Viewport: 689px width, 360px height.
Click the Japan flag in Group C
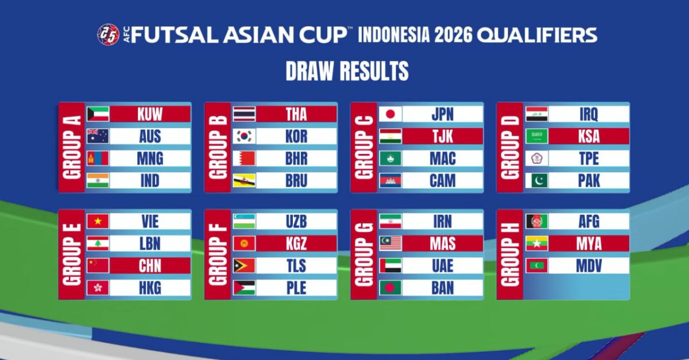[x=390, y=114]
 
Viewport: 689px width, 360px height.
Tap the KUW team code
[x=150, y=114]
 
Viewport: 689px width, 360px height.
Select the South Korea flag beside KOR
[x=244, y=136]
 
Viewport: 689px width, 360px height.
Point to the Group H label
[x=510, y=254]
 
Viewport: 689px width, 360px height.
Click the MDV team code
[x=589, y=266]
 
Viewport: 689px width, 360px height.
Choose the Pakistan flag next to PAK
[x=536, y=181]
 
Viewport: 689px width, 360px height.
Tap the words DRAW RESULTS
[x=347, y=71]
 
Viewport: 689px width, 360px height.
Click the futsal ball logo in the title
[x=109, y=34]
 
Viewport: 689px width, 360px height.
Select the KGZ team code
[x=296, y=243]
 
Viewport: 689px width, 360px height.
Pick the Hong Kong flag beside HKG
[x=98, y=288]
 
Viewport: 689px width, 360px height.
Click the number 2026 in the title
[x=453, y=35]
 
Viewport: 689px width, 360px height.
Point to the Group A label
[x=72, y=147]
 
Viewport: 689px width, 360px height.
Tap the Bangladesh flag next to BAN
[x=390, y=288]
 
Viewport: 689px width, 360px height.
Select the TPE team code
[x=589, y=158]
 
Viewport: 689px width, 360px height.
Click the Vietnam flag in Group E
[x=98, y=221]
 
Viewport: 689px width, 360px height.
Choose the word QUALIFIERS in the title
[x=537, y=35]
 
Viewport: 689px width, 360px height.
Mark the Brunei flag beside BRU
[x=244, y=181]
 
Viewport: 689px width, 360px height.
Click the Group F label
[x=218, y=254]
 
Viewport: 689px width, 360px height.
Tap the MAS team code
[x=443, y=243]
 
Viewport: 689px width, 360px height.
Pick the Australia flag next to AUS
[x=98, y=136]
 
